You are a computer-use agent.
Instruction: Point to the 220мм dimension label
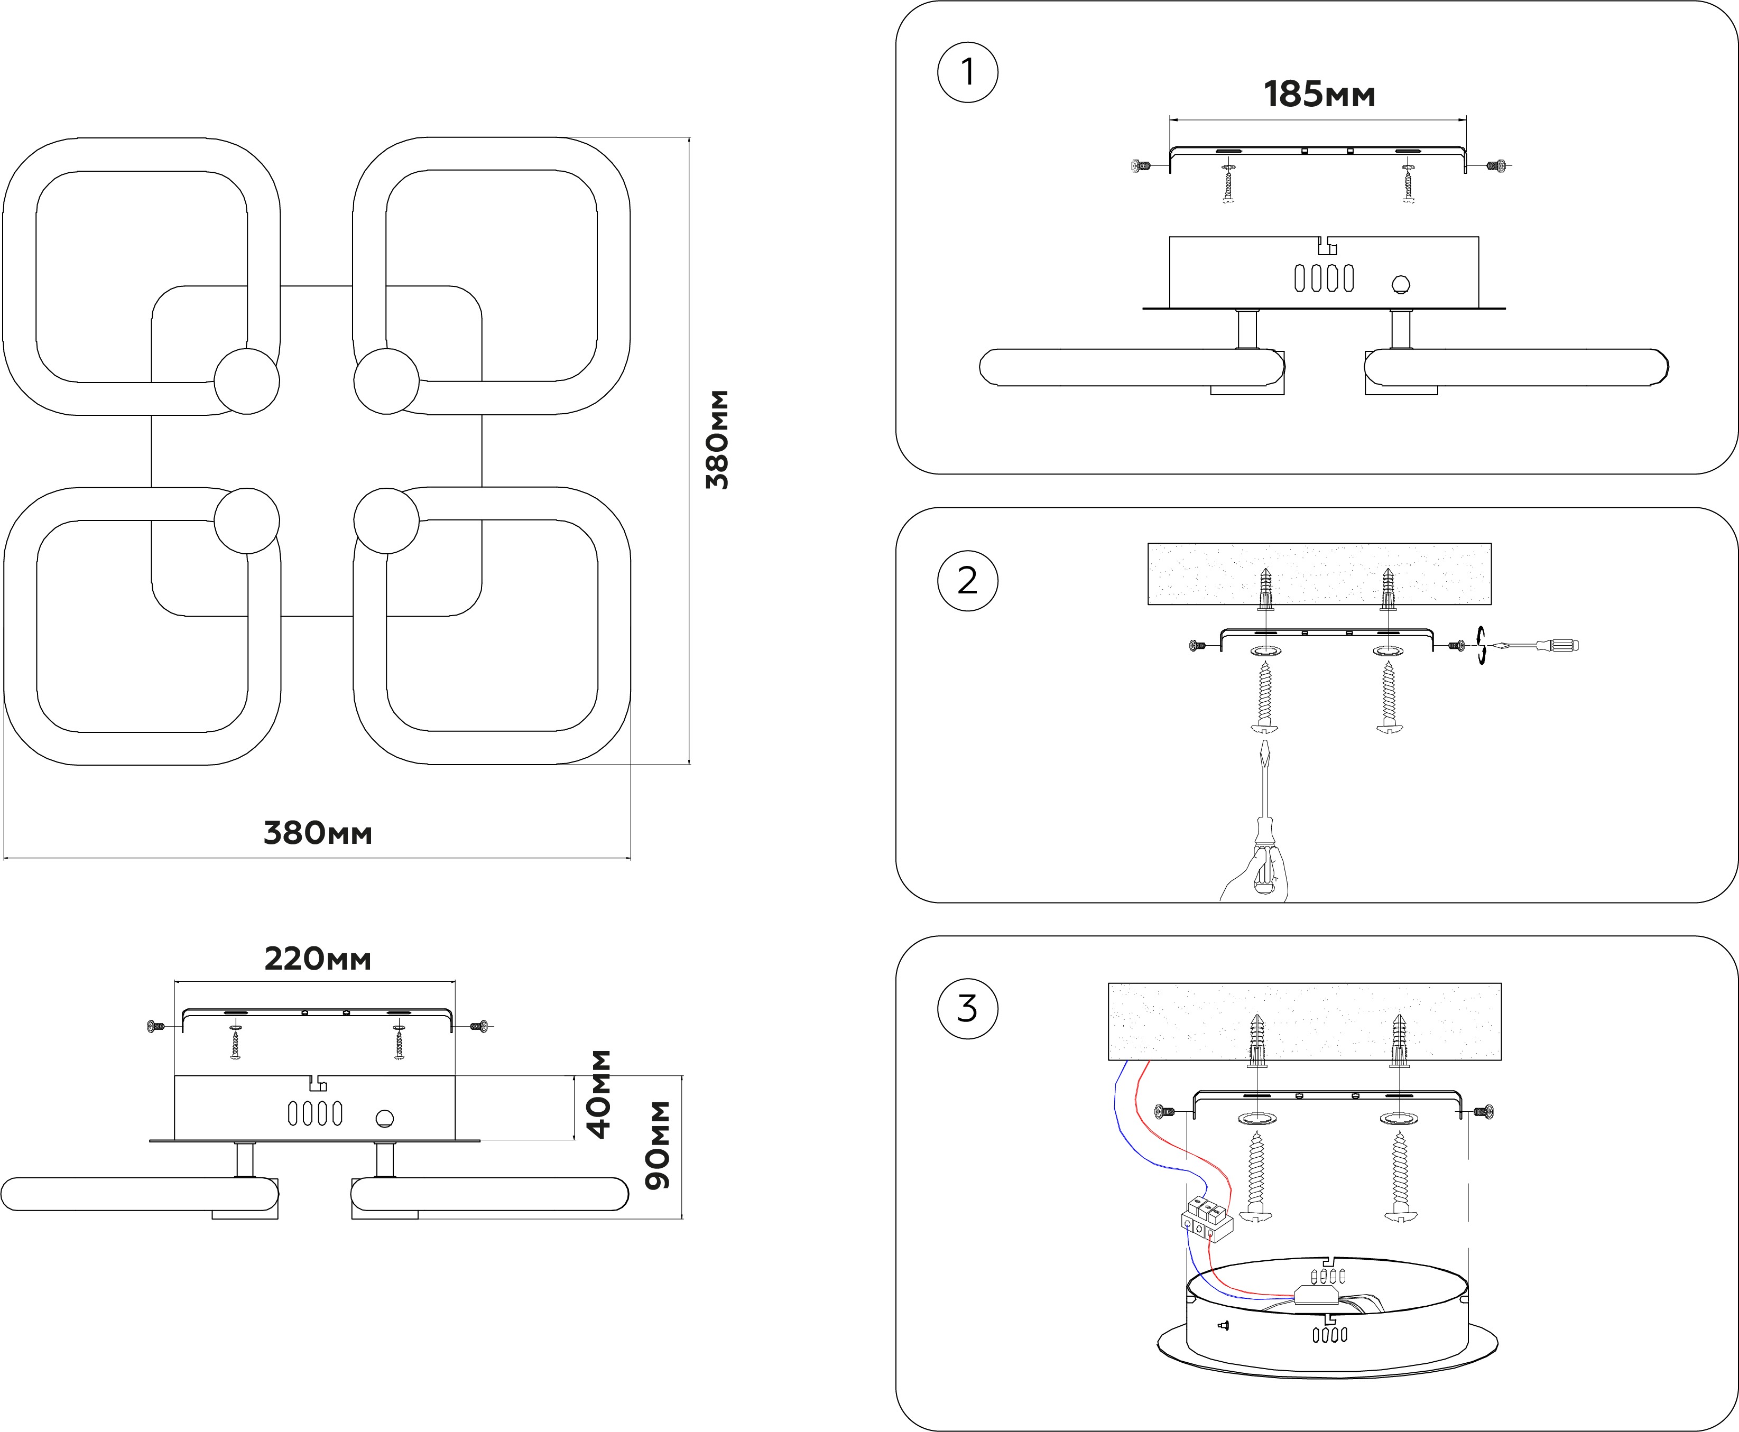click(318, 960)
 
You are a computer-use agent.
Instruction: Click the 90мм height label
click(658, 1145)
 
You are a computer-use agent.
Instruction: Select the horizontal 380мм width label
click(318, 833)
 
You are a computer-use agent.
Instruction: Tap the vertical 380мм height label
click(718, 440)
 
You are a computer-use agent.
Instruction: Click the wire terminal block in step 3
click(1207, 1222)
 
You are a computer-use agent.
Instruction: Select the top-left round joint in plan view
click(247, 381)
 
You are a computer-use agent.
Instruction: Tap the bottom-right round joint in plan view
click(386, 520)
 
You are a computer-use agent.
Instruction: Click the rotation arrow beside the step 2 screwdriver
click(1482, 645)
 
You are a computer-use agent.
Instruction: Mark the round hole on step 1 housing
click(1400, 285)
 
